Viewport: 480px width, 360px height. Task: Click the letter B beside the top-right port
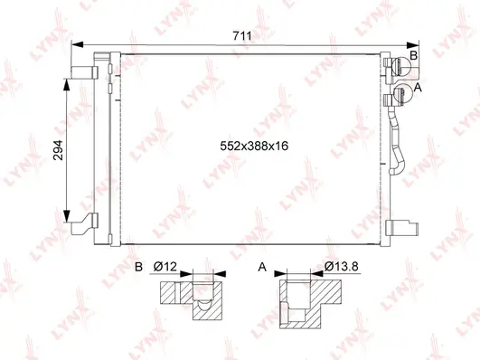[x=414, y=57]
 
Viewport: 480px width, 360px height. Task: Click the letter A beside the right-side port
[x=418, y=87]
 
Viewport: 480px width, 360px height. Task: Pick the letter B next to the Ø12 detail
[x=138, y=268]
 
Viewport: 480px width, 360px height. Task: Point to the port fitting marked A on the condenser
[x=395, y=95]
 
